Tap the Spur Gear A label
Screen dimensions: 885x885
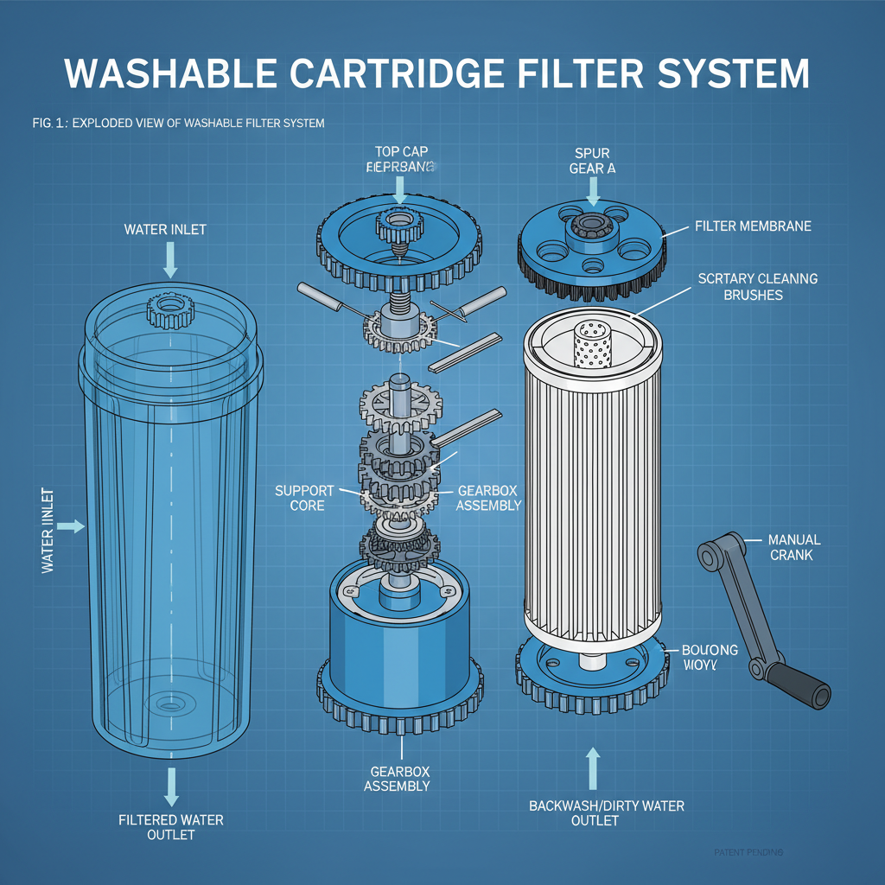click(x=592, y=162)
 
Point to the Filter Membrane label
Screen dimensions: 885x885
click(x=753, y=226)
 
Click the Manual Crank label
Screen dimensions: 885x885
click(x=793, y=547)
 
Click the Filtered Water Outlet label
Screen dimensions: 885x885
click(x=170, y=826)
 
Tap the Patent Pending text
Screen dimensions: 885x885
click(x=748, y=853)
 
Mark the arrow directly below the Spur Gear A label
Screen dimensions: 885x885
click(x=592, y=188)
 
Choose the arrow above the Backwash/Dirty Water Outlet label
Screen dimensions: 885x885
click(x=592, y=766)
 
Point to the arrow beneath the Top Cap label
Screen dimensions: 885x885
click(x=398, y=189)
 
